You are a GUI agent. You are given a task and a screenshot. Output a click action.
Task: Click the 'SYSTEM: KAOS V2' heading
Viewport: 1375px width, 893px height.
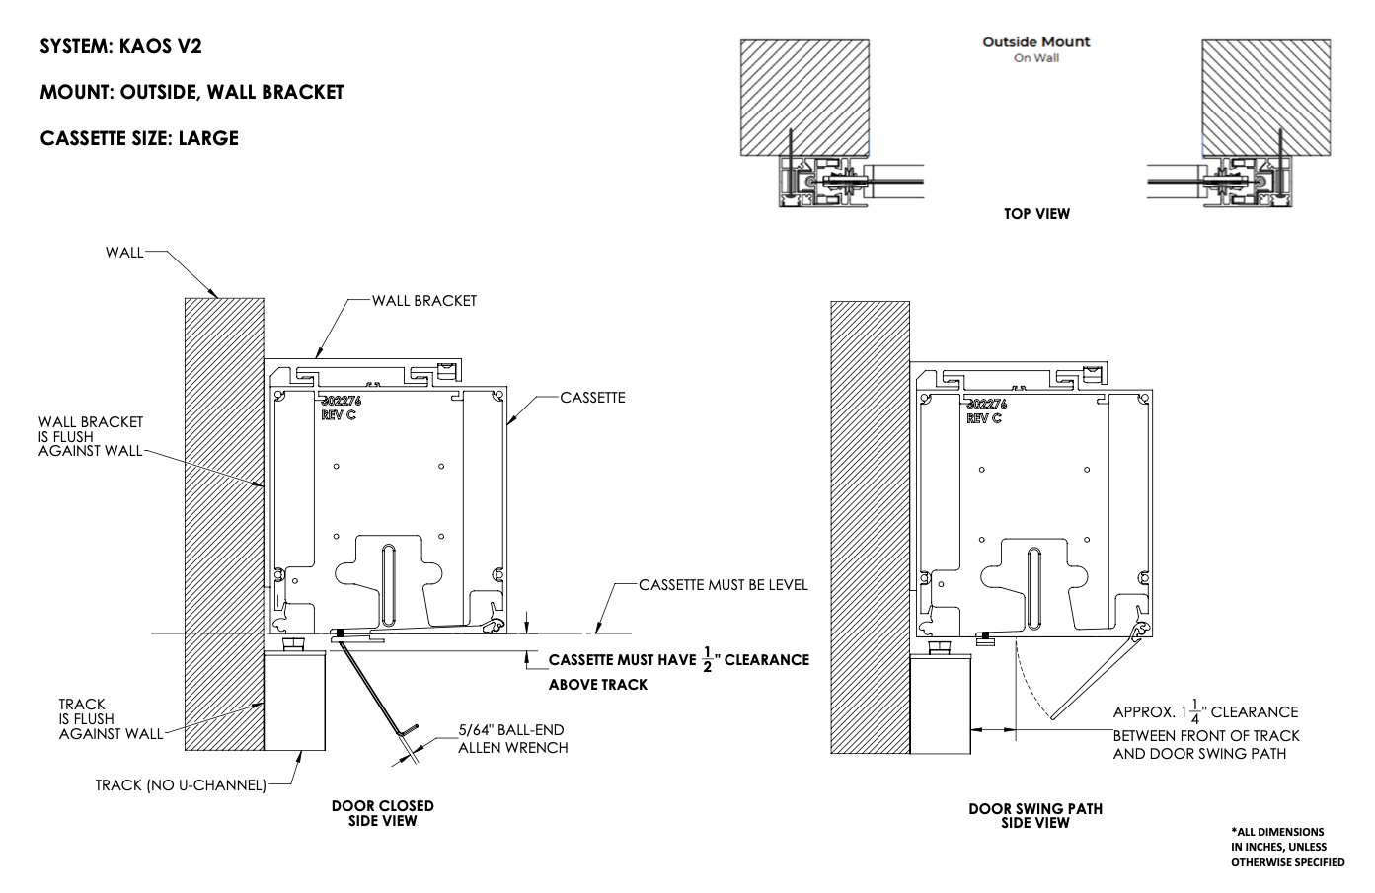pyautogui.click(x=120, y=46)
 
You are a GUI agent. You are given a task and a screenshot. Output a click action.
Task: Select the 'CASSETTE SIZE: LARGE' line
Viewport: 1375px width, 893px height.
pyautogui.click(x=139, y=138)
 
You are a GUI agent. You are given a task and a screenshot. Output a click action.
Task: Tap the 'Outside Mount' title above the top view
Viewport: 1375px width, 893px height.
pyautogui.click(x=1035, y=42)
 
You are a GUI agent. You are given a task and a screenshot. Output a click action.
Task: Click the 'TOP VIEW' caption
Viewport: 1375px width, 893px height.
pyautogui.click(x=1036, y=214)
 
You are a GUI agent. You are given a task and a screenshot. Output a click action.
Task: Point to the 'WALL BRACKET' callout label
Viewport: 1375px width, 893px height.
pyautogui.click(x=423, y=300)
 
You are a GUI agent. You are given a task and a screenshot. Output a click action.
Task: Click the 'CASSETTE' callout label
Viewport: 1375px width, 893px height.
pyautogui.click(x=592, y=398)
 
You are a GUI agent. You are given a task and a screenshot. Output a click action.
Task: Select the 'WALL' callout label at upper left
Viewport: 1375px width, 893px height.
pyautogui.click(x=124, y=253)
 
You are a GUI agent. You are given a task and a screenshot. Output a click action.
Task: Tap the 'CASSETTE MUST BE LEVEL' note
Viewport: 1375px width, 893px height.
pyautogui.click(x=723, y=585)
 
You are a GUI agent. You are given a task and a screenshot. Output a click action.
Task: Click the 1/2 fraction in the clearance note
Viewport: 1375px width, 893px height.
pyautogui.click(x=707, y=658)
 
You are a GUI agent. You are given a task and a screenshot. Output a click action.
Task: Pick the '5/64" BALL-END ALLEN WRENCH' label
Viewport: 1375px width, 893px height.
pyautogui.click(x=512, y=739)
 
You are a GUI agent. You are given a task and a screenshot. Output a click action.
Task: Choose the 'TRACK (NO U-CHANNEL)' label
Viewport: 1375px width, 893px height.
pyautogui.click(x=181, y=785)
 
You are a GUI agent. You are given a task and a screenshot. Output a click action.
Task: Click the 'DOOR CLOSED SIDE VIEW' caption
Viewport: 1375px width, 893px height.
pyautogui.click(x=382, y=813)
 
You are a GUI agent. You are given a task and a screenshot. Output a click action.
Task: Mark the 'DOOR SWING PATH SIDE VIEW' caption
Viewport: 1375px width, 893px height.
pyautogui.click(x=1034, y=815)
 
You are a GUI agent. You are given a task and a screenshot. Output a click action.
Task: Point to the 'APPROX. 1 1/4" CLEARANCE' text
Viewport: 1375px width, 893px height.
pyautogui.click(x=1205, y=711)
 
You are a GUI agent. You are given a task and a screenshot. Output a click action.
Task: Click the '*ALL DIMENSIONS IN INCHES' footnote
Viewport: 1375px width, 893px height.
pyautogui.click(x=1286, y=847)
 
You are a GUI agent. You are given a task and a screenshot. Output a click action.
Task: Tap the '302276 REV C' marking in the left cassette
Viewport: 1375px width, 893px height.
pyautogui.click(x=342, y=409)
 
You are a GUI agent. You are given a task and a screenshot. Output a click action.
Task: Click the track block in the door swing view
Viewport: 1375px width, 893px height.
pyautogui.click(x=940, y=705)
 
